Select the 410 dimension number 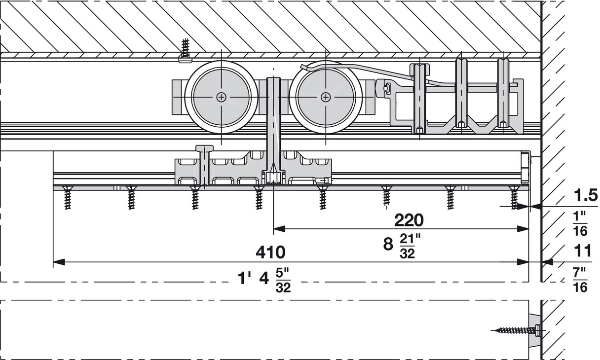click(x=270, y=252)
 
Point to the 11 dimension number click(x=583, y=251)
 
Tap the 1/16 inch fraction click(x=581, y=223)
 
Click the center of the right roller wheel click(x=325, y=97)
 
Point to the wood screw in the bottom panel click(x=513, y=330)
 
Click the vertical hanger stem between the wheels click(x=273, y=123)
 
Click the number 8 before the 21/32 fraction click(x=388, y=244)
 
